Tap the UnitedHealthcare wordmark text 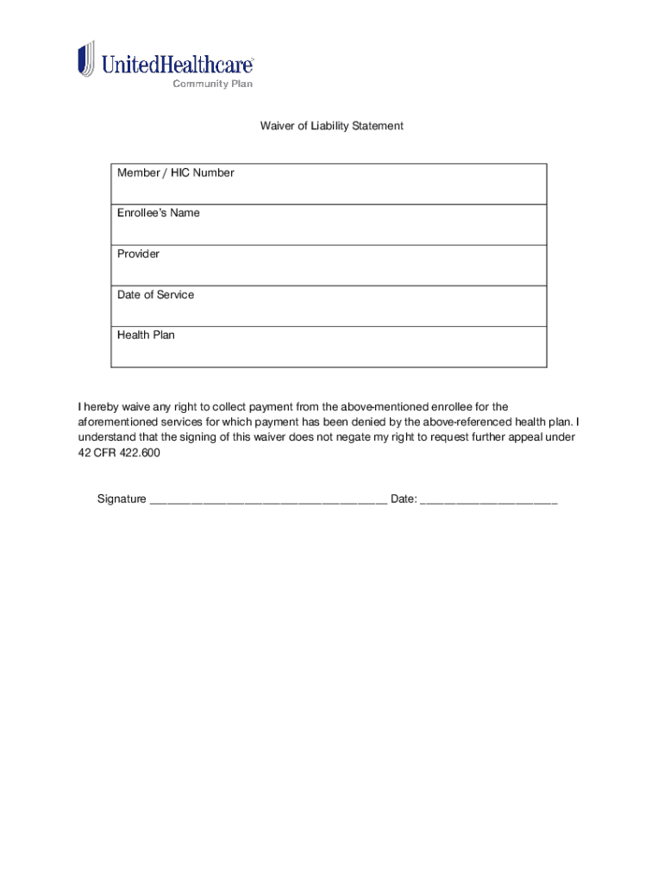pos(178,64)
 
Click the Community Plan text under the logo pos(212,84)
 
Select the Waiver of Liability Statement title pos(332,126)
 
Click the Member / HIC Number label pos(176,173)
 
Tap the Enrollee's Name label pos(159,213)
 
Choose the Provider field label pos(138,254)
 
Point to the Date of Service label pos(156,295)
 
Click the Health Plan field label pos(146,335)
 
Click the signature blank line pos(268,500)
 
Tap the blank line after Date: pos(489,500)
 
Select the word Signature pos(122,499)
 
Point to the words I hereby pos(97,406)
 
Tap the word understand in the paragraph pos(106,437)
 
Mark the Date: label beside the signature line pos(404,499)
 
